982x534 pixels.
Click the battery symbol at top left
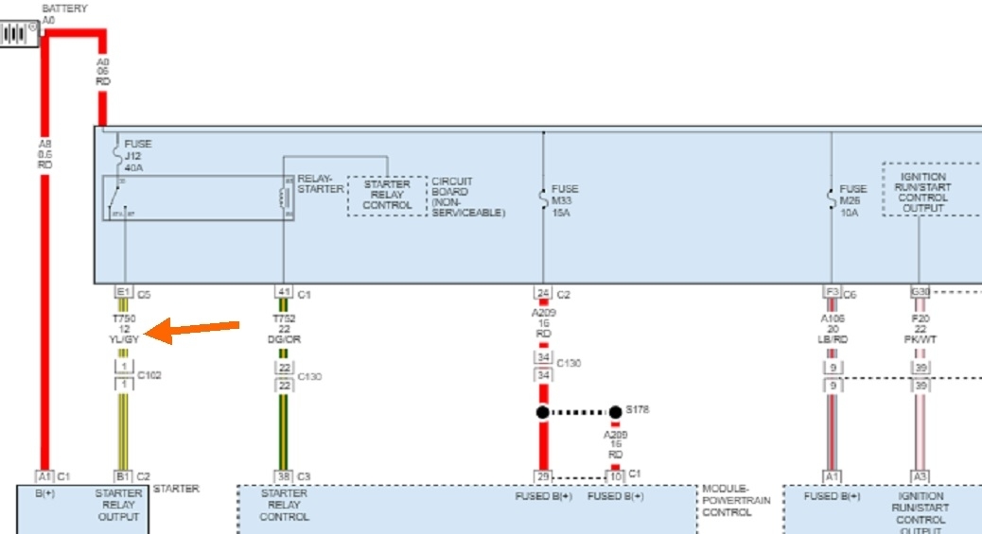click(x=17, y=34)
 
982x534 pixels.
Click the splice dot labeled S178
click(x=616, y=412)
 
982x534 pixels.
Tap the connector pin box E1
click(x=123, y=293)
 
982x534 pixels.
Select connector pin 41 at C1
click(x=283, y=293)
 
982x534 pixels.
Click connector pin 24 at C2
click(x=543, y=293)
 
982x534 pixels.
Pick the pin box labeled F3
click(x=833, y=293)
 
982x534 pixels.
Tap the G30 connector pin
click(x=919, y=293)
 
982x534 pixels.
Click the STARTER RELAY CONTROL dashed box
click(x=387, y=195)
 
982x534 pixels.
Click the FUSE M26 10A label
click(x=853, y=200)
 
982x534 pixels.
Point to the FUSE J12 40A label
click(x=138, y=155)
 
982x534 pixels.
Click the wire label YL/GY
click(x=124, y=338)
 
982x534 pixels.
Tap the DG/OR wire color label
click(x=284, y=338)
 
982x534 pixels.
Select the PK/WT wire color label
click(x=921, y=338)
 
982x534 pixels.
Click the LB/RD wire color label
click(x=833, y=338)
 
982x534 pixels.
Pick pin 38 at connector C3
click(x=283, y=476)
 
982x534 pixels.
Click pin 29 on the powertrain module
click(x=543, y=476)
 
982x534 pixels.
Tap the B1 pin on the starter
click(x=123, y=476)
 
